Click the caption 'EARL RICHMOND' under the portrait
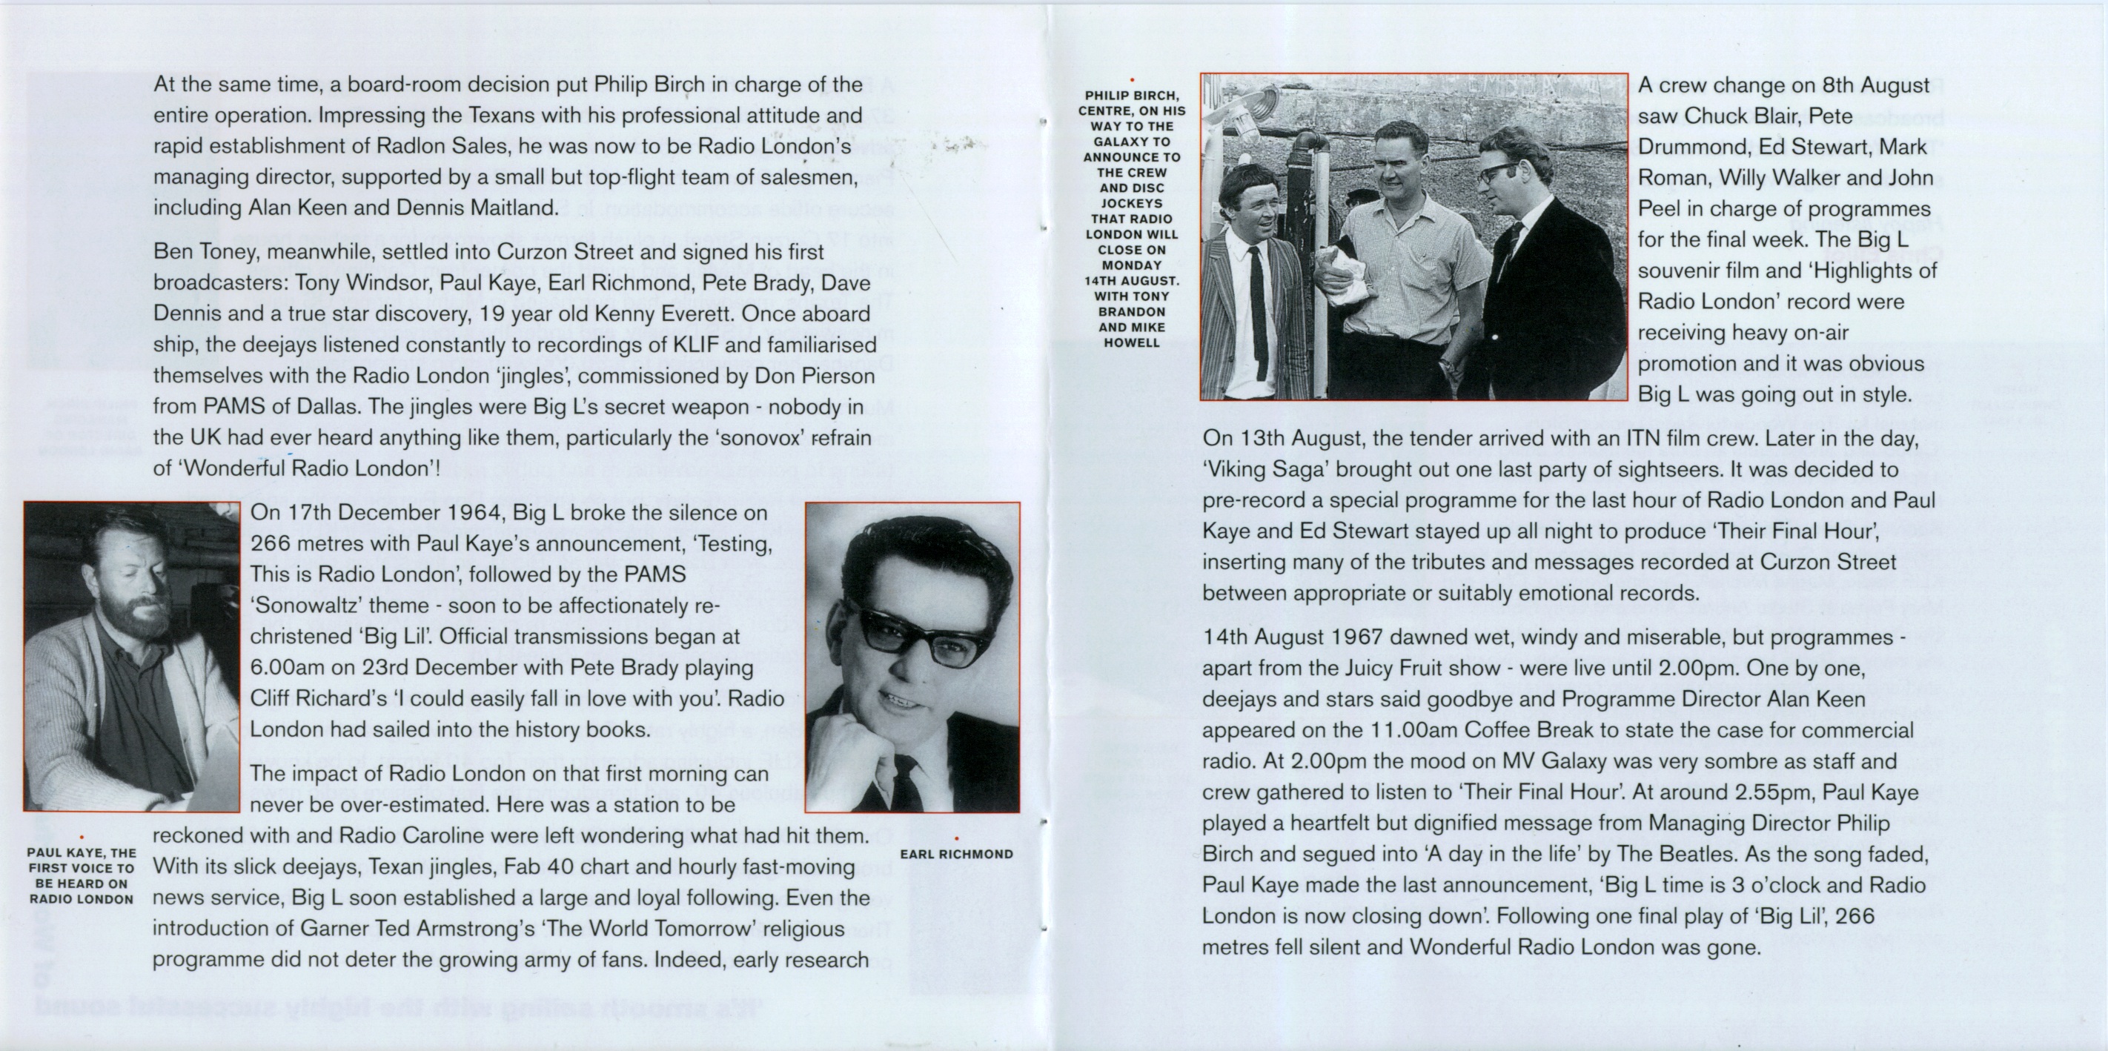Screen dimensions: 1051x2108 coord(956,854)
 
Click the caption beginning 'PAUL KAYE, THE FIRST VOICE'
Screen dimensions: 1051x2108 coord(81,876)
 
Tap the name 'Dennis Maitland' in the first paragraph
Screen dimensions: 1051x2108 coord(475,208)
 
